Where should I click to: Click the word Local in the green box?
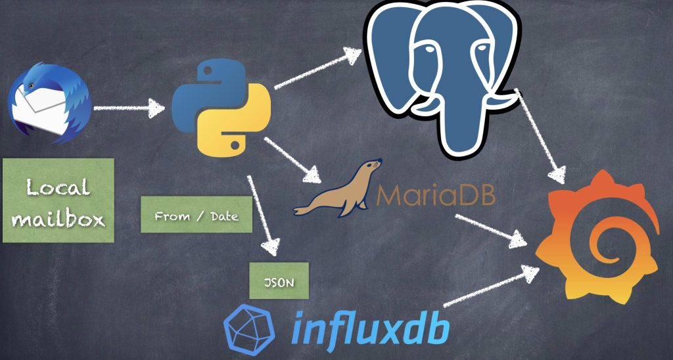click(58, 189)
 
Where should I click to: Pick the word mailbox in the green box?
click(58, 218)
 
